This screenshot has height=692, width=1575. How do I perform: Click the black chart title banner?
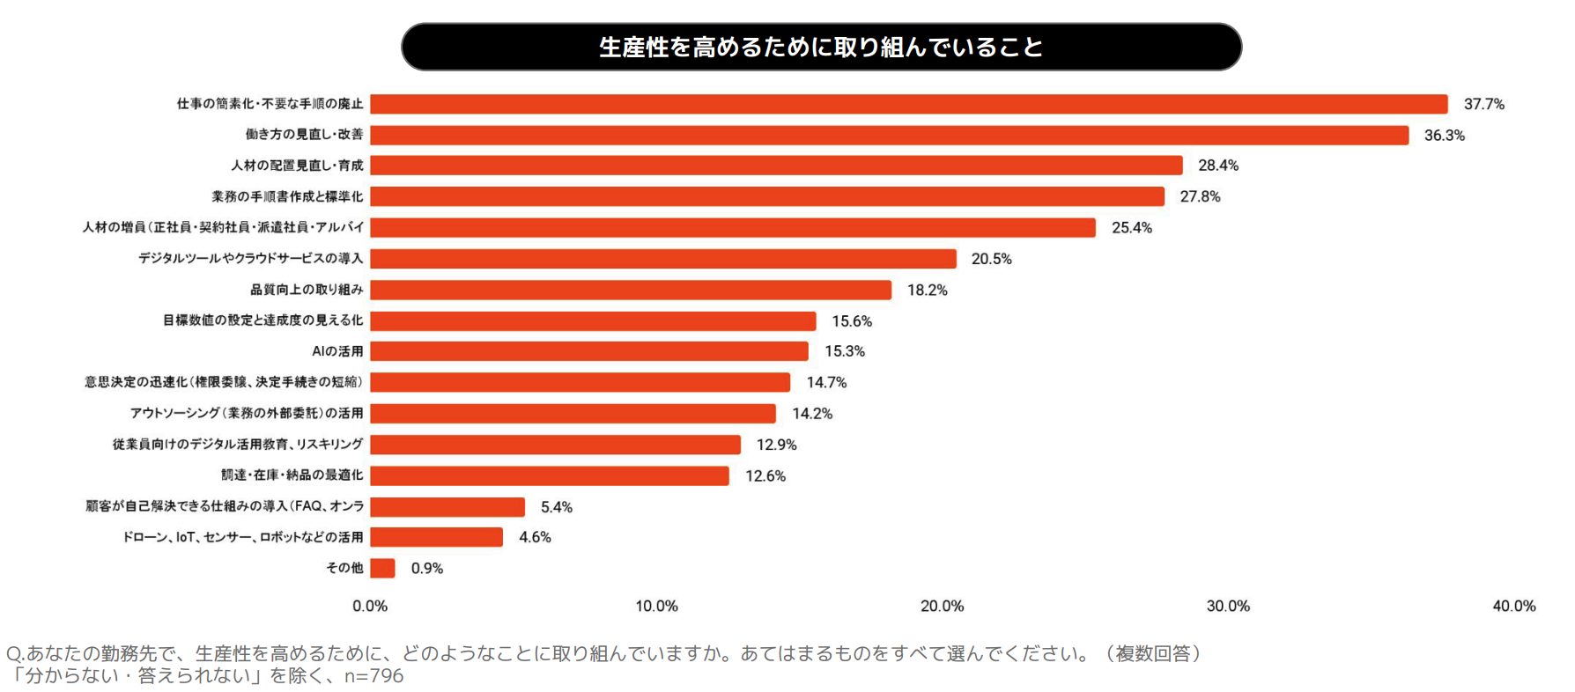821,47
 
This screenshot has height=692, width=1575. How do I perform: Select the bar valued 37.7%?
907,104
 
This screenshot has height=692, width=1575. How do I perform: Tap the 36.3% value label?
1444,135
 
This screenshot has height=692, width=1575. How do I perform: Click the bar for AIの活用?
588,351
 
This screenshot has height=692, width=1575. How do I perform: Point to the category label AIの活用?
337,351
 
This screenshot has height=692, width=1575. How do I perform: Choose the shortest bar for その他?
382,568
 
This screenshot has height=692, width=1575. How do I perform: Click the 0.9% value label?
426,568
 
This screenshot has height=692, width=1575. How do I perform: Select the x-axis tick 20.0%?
942,606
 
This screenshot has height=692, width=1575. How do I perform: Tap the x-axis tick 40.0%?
1513,606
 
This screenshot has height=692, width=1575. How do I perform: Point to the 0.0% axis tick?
370,606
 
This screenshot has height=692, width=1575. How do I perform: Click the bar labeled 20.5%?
662,259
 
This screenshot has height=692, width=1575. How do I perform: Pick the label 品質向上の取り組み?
307,290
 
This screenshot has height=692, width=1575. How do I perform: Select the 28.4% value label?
1217,166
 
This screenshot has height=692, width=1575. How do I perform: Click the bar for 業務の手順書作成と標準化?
766,196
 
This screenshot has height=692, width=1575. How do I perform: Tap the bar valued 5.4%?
447,506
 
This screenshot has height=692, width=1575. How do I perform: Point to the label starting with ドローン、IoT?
242,537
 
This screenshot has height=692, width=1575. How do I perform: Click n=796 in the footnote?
373,676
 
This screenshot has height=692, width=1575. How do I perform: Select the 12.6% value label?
765,475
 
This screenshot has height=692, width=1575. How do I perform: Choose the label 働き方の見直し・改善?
304,135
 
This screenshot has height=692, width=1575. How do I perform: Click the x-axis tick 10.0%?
656,606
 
